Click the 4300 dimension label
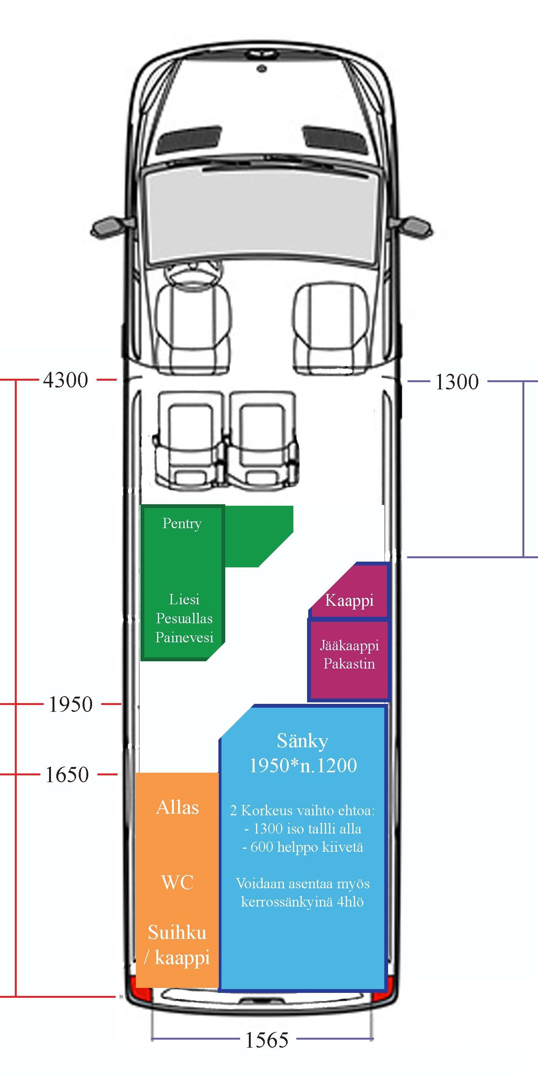point(65,380)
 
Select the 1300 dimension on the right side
point(457,382)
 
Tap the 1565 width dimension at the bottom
point(266,1040)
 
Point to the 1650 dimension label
point(67,775)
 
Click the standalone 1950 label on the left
point(71,704)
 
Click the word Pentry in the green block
point(182,524)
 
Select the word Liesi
point(184,599)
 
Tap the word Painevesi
point(184,637)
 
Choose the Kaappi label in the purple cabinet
point(349,601)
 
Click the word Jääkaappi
point(349,645)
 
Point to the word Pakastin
point(349,664)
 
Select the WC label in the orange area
point(178,883)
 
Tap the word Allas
point(178,808)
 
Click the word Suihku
point(177,932)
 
